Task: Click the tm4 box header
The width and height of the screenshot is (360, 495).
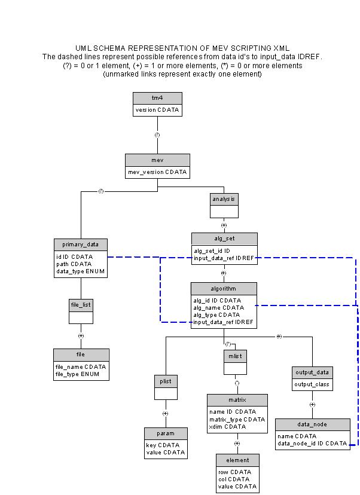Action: (157, 98)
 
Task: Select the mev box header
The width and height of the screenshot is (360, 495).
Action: (157, 160)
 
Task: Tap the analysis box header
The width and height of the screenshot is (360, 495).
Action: (224, 198)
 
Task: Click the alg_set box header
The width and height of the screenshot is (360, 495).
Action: (224, 239)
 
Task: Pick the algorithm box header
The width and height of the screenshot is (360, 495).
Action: (224, 289)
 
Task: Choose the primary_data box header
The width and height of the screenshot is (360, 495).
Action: (80, 244)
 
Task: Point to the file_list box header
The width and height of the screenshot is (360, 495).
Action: (81, 305)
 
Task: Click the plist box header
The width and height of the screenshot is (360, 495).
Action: (166, 381)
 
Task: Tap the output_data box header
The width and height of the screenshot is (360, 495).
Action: (312, 372)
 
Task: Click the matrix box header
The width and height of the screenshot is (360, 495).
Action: (237, 399)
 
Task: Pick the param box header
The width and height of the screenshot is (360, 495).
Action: (166, 433)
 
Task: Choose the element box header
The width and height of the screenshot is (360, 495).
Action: (237, 460)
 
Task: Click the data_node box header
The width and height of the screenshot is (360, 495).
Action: (312, 424)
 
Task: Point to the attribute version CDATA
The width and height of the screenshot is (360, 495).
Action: (157, 110)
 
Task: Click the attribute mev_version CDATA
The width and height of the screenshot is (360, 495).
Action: (157, 172)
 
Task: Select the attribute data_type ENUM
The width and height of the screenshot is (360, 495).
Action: (80, 271)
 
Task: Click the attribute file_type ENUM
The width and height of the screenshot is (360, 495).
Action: (78, 374)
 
